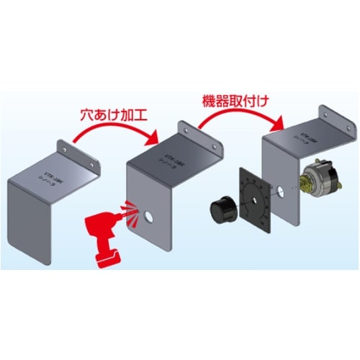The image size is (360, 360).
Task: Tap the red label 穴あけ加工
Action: [x=114, y=114]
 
